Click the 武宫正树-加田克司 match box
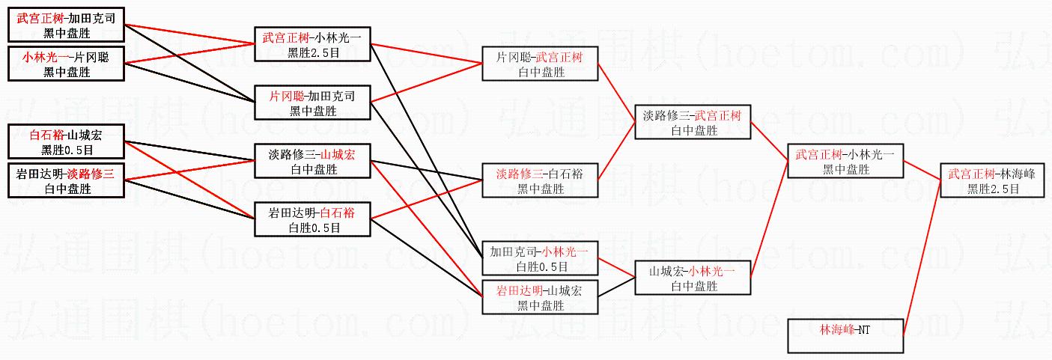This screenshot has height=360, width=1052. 67,25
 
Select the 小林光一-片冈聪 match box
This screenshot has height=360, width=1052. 67,64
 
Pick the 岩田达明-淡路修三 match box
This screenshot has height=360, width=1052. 67,181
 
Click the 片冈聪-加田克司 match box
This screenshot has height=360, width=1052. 312,103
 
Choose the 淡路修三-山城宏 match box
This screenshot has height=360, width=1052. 312,162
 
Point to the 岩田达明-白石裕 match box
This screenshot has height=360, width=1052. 312,220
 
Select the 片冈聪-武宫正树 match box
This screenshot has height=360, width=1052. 540,64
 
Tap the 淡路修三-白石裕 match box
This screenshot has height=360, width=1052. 540,181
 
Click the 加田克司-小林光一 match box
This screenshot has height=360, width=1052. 540,258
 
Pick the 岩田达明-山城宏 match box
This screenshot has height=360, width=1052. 540,297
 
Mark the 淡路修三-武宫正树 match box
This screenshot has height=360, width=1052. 692,123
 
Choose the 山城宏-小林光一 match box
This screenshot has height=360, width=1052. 692,278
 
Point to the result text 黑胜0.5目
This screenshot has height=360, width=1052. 67,150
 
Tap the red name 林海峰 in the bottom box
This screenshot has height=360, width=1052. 836,329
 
